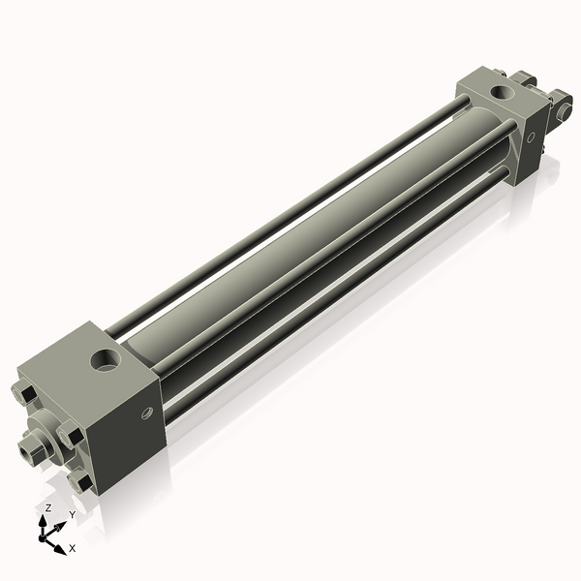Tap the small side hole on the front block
coord(147,413)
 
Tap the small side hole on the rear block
coord(532,137)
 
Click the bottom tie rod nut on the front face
coord(82,480)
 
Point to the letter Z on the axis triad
coord(47,507)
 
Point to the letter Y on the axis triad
coord(72,515)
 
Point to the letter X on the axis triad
coord(72,548)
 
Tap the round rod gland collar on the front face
coord(44,438)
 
